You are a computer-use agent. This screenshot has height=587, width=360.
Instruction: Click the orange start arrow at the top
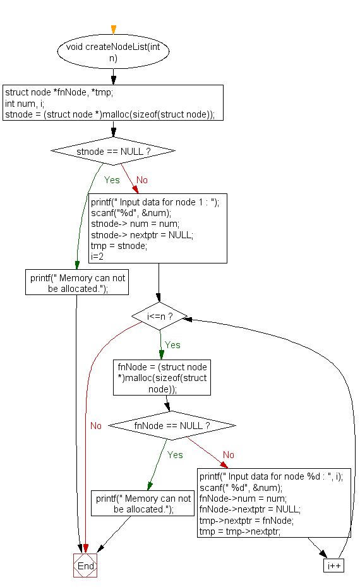[114, 30]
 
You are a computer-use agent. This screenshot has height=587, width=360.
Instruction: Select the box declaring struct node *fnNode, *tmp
[114, 103]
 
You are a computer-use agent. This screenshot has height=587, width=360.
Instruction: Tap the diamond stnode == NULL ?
[113, 152]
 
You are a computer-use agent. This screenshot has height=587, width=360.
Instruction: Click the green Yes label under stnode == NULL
[112, 180]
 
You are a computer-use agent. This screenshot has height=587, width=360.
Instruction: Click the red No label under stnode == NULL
[141, 180]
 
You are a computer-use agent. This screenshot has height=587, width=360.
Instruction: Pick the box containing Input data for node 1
[157, 228]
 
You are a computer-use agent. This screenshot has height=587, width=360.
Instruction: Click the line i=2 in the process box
[98, 257]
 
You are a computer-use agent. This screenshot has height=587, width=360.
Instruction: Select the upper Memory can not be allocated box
[77, 282]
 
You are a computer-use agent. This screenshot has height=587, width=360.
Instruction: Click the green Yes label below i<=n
[172, 345]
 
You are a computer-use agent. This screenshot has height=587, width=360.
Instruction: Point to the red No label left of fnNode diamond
[95, 426]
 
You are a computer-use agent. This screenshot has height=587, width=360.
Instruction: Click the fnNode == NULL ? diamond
[172, 426]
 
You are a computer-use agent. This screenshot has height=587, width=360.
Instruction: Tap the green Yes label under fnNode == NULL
[175, 455]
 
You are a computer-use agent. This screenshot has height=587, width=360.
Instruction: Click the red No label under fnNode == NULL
[229, 455]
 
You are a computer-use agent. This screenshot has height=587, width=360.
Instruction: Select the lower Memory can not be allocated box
[143, 504]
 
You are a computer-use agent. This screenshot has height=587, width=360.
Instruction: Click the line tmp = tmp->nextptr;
[239, 531]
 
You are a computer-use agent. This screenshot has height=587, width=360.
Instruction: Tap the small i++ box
[333, 566]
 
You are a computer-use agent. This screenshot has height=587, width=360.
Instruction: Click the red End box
[85, 566]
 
